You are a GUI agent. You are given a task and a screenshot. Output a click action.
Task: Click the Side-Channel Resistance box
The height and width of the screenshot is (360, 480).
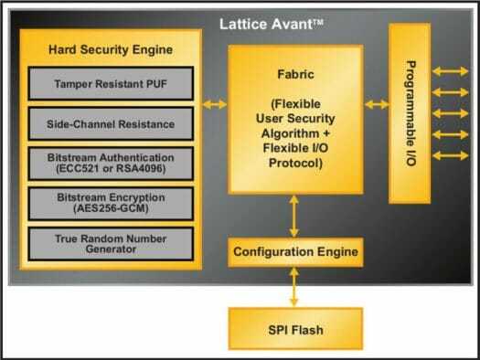point(111,122)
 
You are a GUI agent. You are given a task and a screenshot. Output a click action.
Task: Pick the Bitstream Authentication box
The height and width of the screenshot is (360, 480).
point(111,162)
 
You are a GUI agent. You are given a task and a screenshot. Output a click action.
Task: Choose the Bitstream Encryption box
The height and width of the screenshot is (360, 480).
point(111,202)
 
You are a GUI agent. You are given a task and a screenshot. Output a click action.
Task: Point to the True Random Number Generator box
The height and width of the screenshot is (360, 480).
point(111,242)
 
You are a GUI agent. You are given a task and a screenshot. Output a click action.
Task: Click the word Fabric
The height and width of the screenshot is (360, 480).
point(294,79)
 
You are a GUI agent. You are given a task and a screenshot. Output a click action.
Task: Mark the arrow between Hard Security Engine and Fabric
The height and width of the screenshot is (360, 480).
point(215,105)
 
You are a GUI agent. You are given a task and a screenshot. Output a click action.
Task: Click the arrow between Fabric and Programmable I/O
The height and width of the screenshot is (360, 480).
point(375,105)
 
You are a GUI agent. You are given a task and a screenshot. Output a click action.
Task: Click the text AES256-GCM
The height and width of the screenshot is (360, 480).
point(111,208)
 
